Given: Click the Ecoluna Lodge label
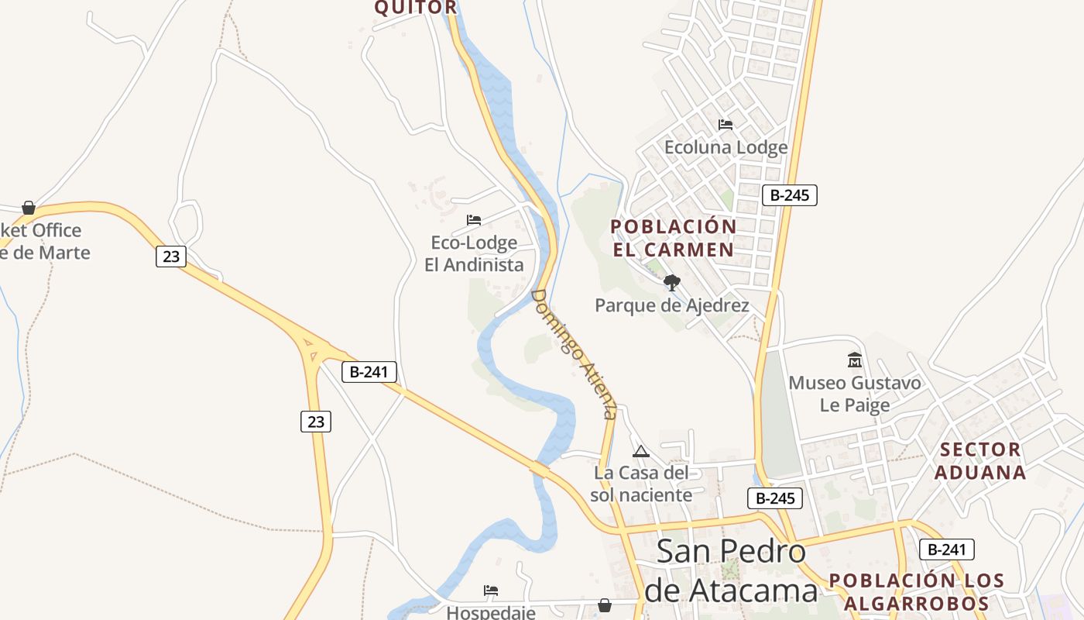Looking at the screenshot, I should tap(726, 147).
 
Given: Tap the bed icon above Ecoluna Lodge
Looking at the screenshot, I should tap(726, 124).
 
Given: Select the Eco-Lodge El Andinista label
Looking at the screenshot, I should tap(474, 253).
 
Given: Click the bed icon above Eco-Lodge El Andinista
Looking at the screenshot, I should tap(474, 220).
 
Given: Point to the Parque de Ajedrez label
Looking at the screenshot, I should tap(671, 305).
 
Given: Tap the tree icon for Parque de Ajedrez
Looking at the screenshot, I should tap(671, 283).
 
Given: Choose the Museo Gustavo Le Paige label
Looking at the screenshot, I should tap(855, 394).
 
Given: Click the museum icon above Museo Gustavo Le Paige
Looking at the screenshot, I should tap(855, 360).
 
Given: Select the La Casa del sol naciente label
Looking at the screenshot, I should tap(641, 484).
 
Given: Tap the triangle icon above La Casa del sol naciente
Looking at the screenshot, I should tap(641, 451).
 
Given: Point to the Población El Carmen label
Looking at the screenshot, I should tap(673, 238).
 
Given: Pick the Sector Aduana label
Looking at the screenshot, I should tap(980, 461).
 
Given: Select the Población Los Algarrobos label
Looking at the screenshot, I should tap(917, 592).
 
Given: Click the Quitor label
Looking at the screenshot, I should tap(416, 8).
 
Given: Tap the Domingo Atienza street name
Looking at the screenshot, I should tap(575, 353).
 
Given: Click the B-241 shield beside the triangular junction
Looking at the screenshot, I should tap(369, 372).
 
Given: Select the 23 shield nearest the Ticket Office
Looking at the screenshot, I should tap(171, 257).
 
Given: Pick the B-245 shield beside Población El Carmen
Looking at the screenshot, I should tap(790, 195).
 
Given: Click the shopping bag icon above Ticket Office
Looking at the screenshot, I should tap(29, 208).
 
